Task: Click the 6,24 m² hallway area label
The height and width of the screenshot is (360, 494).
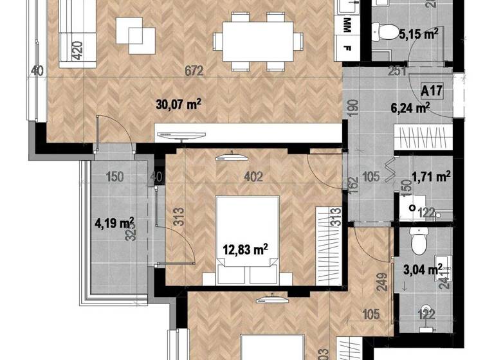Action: [x=415, y=109]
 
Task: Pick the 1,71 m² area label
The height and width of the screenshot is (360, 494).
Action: [x=430, y=174]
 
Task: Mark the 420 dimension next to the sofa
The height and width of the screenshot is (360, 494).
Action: [x=77, y=50]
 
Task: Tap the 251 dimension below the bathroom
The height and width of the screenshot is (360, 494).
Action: [x=398, y=71]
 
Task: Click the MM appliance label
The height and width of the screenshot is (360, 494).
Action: [x=348, y=24]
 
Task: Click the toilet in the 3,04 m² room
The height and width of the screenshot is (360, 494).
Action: [x=419, y=243]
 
